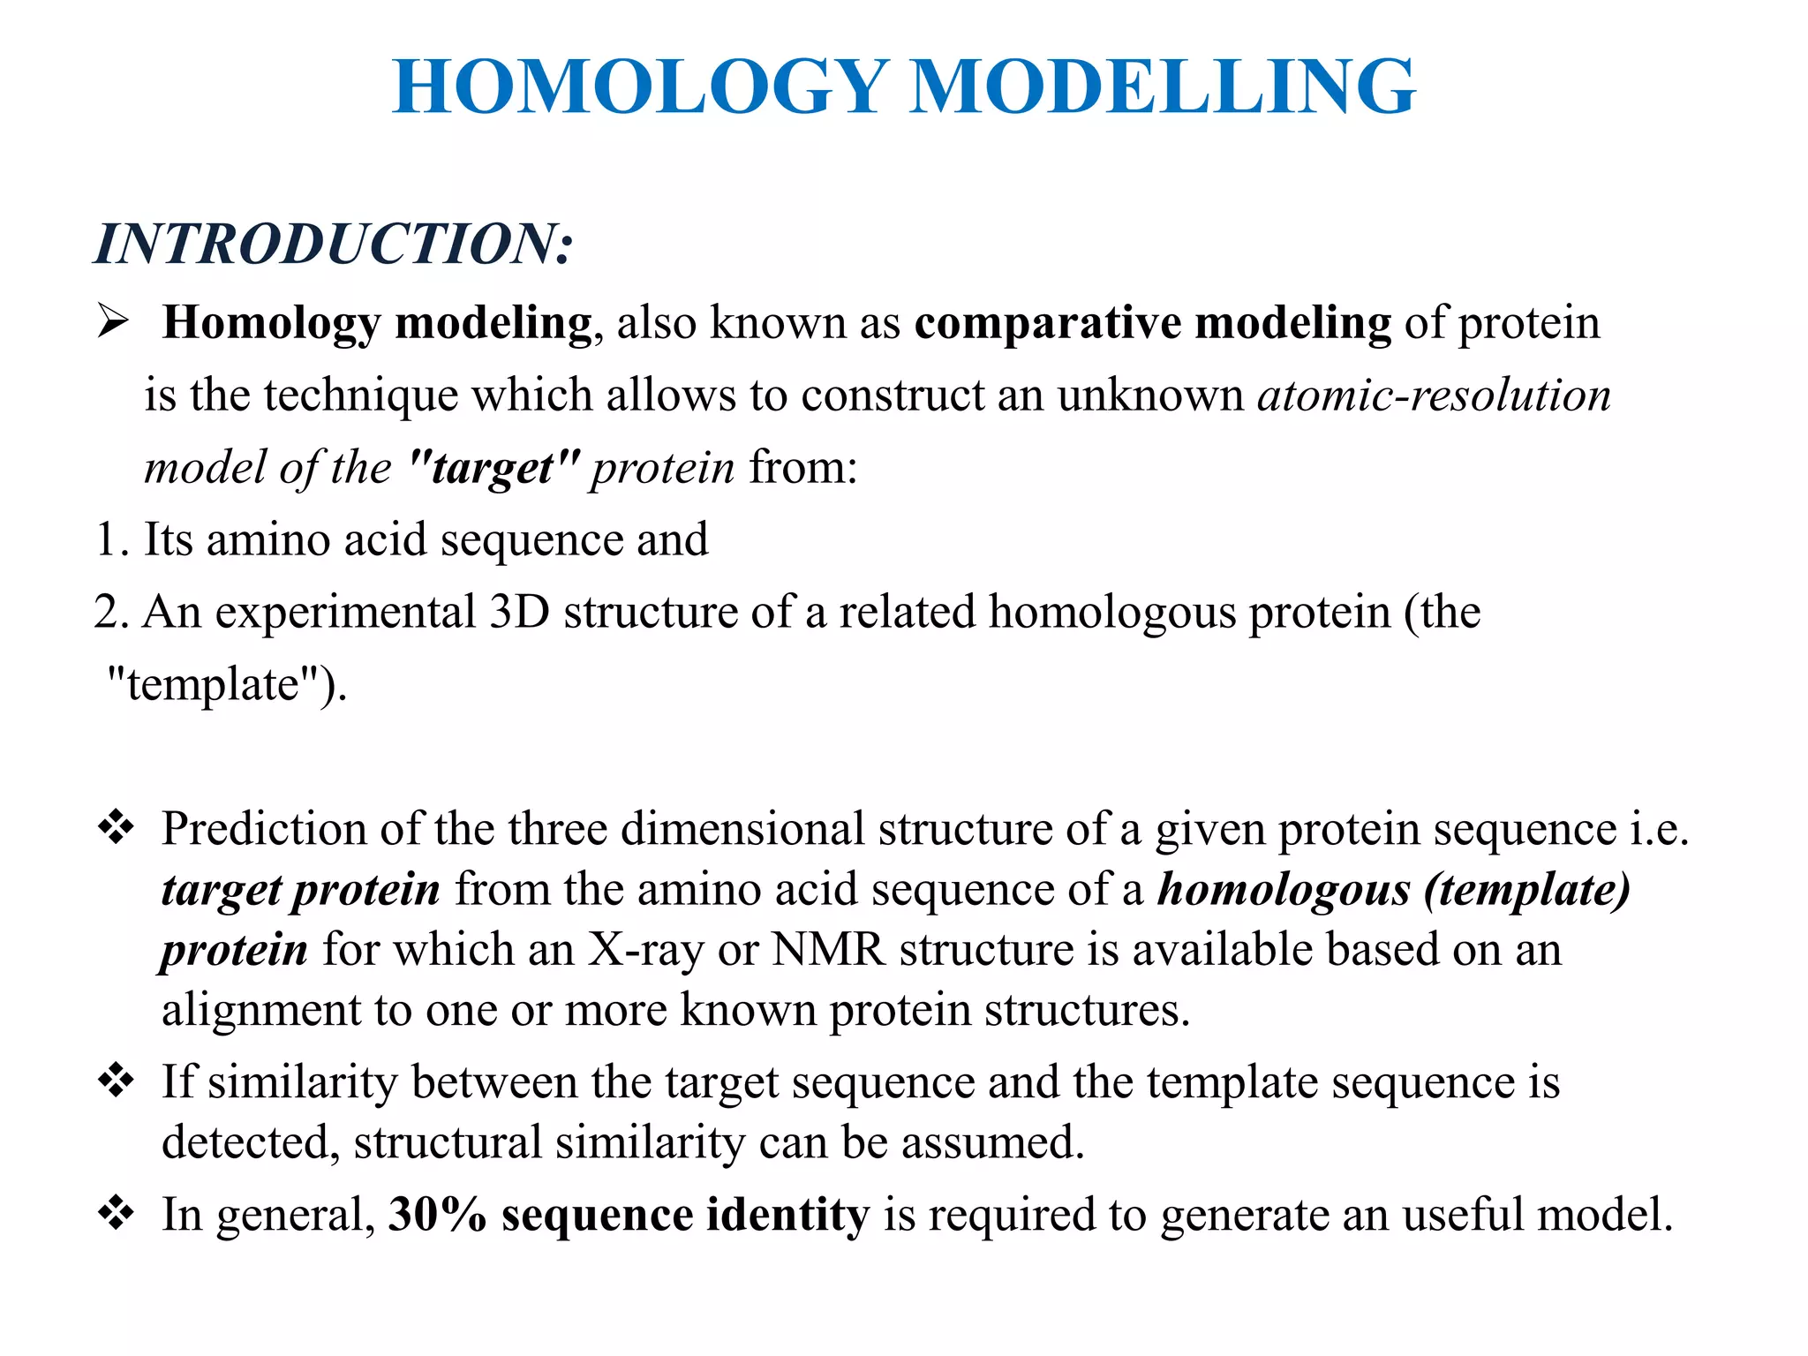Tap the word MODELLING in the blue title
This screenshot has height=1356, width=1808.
click(x=1163, y=87)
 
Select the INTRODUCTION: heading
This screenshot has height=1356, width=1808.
click(x=334, y=244)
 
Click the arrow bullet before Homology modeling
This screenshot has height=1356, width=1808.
click(x=114, y=320)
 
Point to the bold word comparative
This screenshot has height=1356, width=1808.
click(x=1047, y=323)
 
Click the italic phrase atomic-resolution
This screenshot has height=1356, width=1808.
click(x=1435, y=395)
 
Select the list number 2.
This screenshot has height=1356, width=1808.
click(x=109, y=612)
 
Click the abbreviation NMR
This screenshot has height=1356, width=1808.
click(x=828, y=950)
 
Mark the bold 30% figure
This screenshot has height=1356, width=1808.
click(x=437, y=1215)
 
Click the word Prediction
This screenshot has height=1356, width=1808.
click(x=264, y=830)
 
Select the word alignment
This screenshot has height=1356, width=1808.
click(x=261, y=1011)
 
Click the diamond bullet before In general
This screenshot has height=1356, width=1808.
click(x=116, y=1213)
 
